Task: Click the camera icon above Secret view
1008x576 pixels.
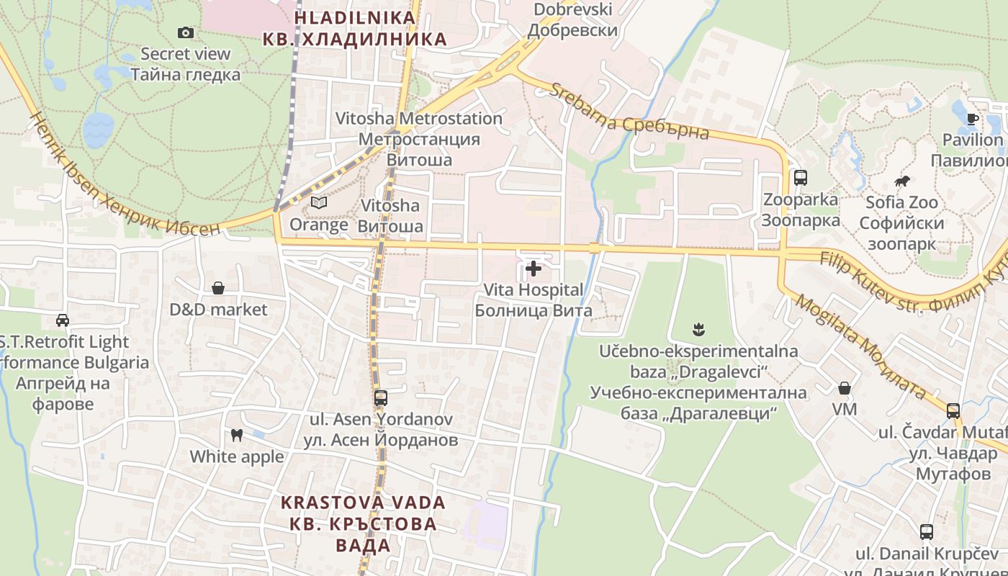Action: pyautogui.click(x=186, y=32)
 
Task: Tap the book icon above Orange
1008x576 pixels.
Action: pyautogui.click(x=318, y=203)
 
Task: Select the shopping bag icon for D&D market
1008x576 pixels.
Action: pyautogui.click(x=217, y=288)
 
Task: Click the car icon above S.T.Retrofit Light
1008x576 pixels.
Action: pyautogui.click(x=63, y=320)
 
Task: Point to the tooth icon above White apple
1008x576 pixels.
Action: pyautogui.click(x=235, y=435)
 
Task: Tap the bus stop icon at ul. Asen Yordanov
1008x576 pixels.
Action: pyautogui.click(x=380, y=397)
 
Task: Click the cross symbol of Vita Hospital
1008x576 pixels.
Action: pyautogui.click(x=534, y=269)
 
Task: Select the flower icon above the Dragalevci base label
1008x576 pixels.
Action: pyautogui.click(x=698, y=330)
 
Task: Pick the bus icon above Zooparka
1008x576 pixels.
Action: pyautogui.click(x=800, y=178)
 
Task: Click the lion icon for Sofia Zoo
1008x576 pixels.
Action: pyautogui.click(x=901, y=181)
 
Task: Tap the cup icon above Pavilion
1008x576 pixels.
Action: pyautogui.click(x=972, y=119)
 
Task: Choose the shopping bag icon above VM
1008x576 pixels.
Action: pyautogui.click(x=845, y=388)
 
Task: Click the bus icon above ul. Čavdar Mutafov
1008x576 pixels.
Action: pyautogui.click(x=953, y=410)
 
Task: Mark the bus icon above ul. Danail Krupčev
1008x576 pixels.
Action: pyautogui.click(x=927, y=532)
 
